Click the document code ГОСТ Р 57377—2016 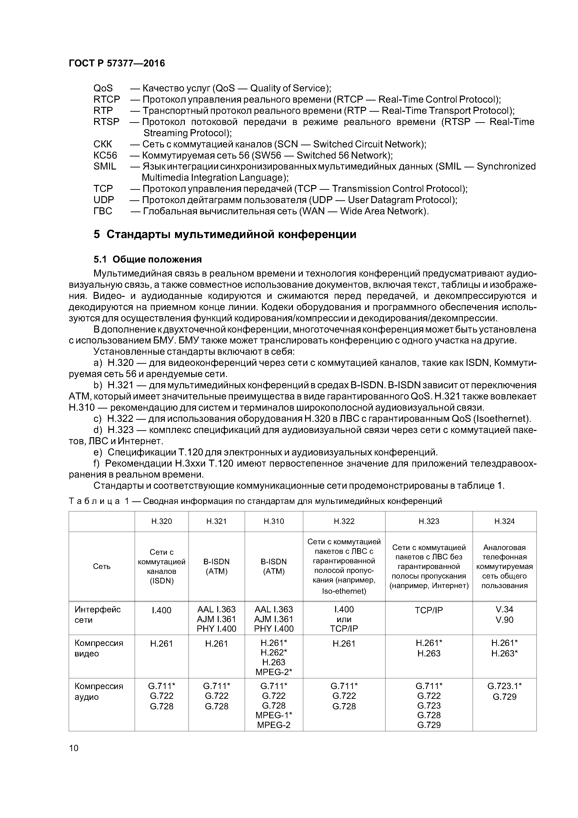(117, 63)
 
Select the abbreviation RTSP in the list (106, 122)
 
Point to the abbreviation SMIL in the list (105, 166)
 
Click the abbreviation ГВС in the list (103, 211)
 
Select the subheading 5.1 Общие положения (148, 259)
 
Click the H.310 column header (274, 521)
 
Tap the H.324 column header (504, 521)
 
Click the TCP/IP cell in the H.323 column (429, 610)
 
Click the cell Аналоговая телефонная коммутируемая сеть (504, 566)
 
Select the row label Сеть (101, 566)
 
